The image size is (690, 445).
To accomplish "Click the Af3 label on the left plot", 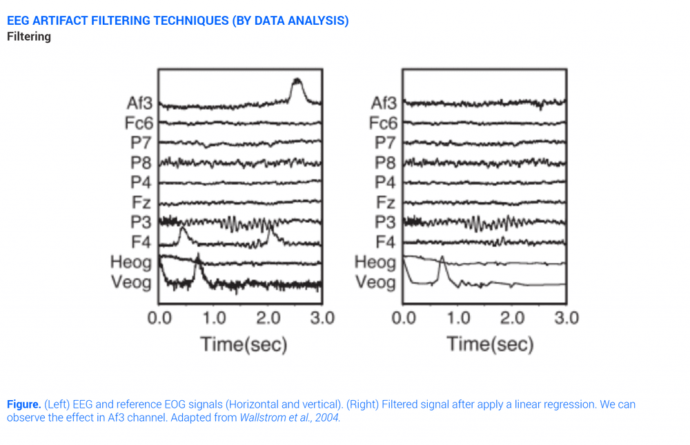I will (139, 103).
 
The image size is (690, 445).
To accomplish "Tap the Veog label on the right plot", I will (375, 282).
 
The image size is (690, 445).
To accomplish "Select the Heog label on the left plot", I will (131, 262).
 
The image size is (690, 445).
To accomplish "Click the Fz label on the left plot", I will (142, 203).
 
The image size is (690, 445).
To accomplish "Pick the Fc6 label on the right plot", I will (383, 123).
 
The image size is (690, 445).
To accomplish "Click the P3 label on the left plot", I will (141, 222).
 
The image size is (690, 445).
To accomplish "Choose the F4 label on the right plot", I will (386, 242).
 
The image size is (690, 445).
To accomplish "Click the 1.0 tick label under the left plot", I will (214, 318).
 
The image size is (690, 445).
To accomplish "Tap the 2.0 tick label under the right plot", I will (512, 318).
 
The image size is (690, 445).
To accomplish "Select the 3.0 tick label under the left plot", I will (321, 318).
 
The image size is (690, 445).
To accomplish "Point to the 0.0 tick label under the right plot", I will (404, 318).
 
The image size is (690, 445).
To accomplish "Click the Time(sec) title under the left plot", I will (244, 344).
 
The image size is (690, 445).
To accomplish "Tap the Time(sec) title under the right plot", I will (490, 344).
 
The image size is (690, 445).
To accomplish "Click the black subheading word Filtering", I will (29, 37).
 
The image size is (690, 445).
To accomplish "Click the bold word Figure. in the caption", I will (23, 404).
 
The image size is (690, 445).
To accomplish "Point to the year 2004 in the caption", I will (328, 418).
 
